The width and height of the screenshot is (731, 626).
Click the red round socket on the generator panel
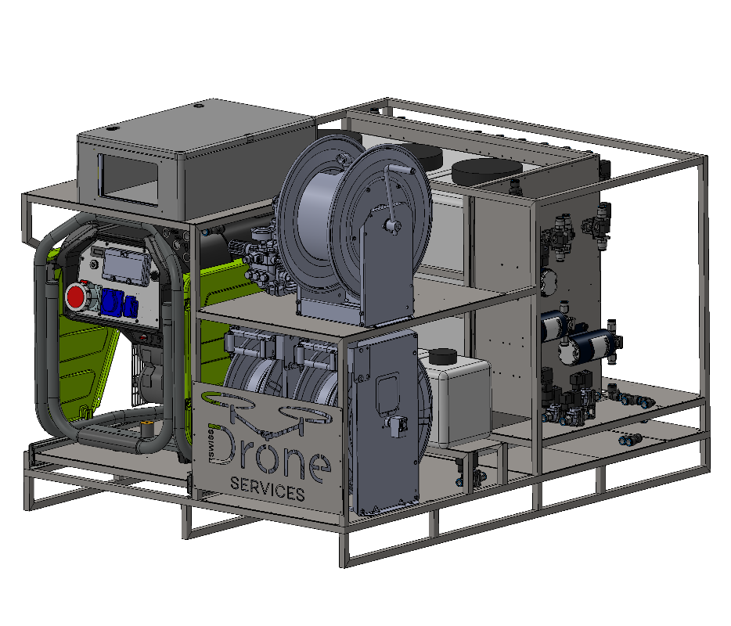coord(74,297)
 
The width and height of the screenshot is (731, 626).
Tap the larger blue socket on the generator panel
coord(112,300)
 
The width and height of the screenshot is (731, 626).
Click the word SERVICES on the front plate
coord(268,489)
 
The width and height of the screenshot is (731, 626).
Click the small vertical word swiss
coord(211,443)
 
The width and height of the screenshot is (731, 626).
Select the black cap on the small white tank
coord(443,357)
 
